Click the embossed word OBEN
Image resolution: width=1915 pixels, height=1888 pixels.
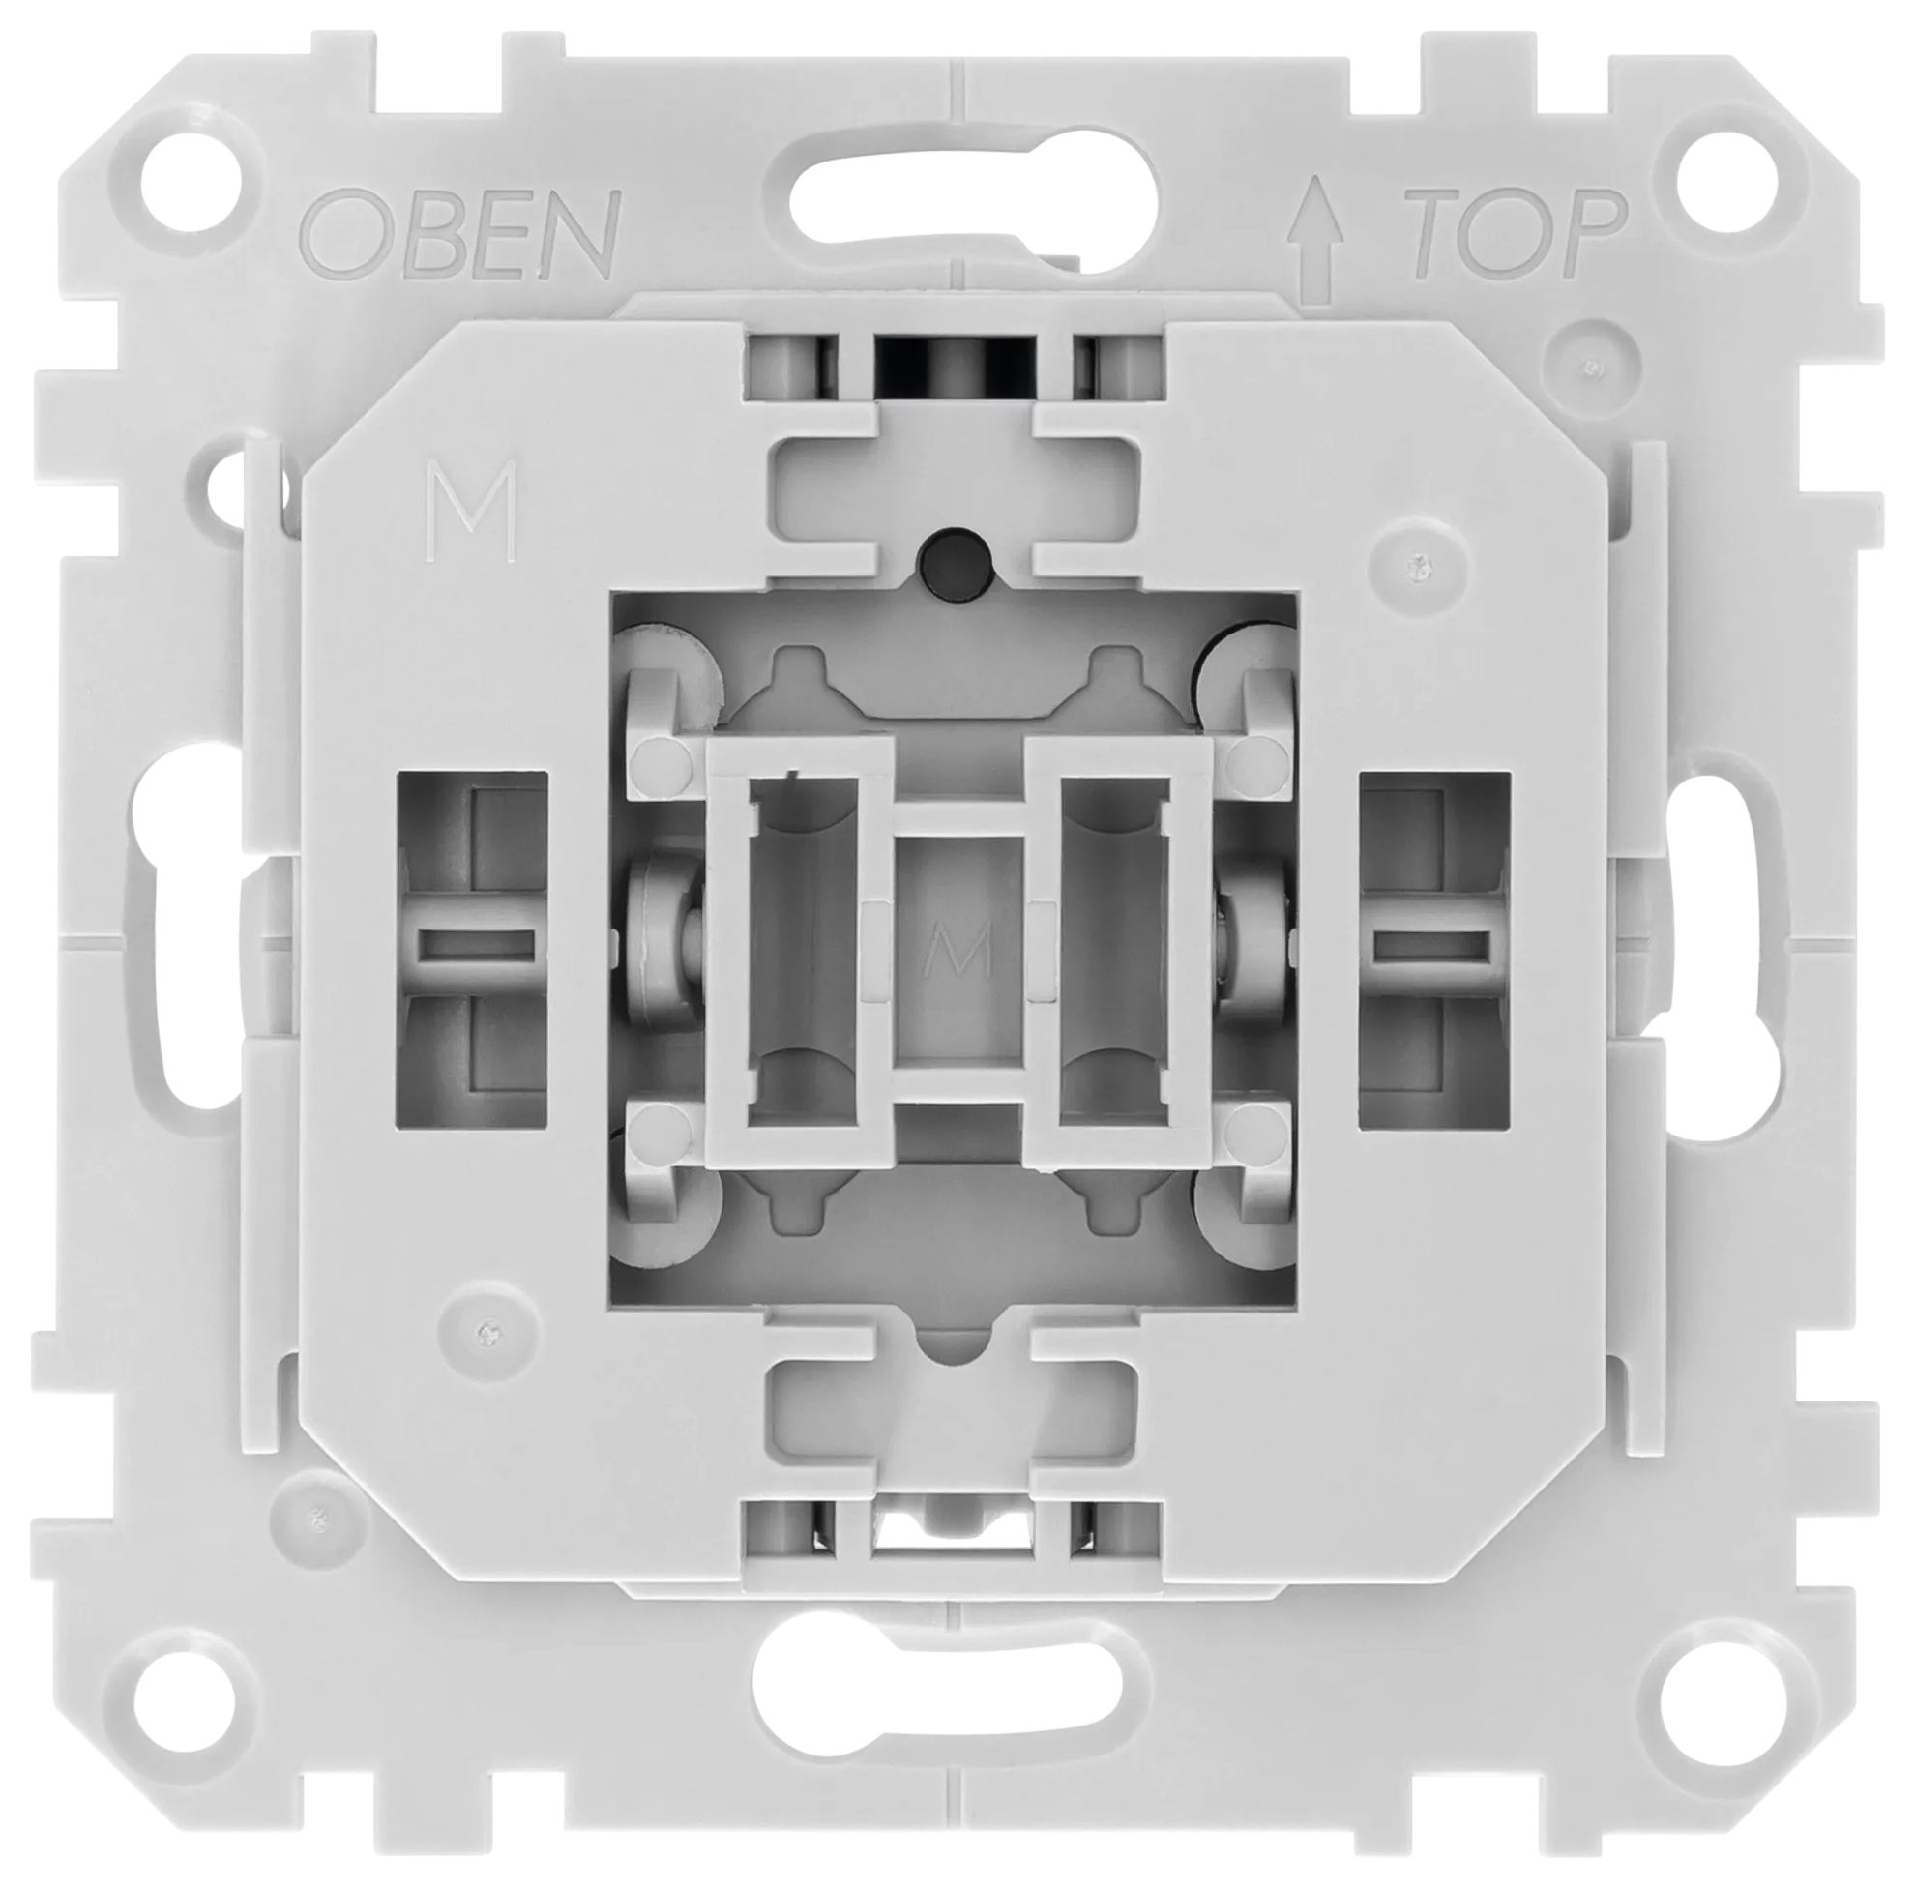[x=460, y=234]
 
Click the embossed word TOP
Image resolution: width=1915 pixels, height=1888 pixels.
[x=1519, y=234]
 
